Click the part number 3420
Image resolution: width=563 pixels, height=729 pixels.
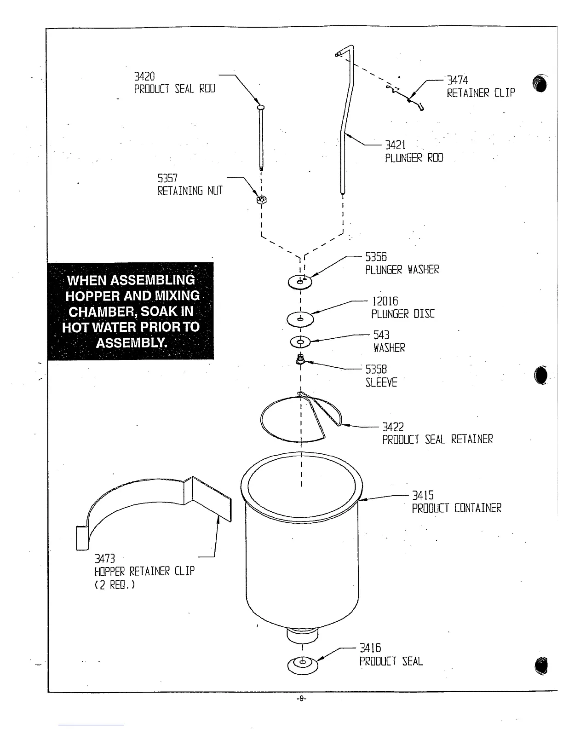point(144,76)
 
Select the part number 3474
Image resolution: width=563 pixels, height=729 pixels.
point(458,80)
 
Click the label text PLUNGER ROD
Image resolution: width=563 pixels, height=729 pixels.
point(414,158)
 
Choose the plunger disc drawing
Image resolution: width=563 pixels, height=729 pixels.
point(300,318)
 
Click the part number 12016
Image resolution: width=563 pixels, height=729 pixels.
point(385,301)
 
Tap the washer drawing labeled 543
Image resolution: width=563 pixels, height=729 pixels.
point(301,342)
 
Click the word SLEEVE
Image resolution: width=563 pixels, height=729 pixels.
point(381,382)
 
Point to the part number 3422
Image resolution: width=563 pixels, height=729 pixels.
point(393,427)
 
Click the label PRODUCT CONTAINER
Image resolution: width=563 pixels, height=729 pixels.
point(456,508)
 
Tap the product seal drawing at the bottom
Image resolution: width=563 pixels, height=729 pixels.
point(302,663)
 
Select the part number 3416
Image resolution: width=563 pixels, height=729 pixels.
point(370,648)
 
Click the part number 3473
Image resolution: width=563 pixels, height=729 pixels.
point(104,559)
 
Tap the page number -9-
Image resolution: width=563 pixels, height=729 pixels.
point(301,698)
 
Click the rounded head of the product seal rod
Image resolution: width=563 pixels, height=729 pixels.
point(261,106)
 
